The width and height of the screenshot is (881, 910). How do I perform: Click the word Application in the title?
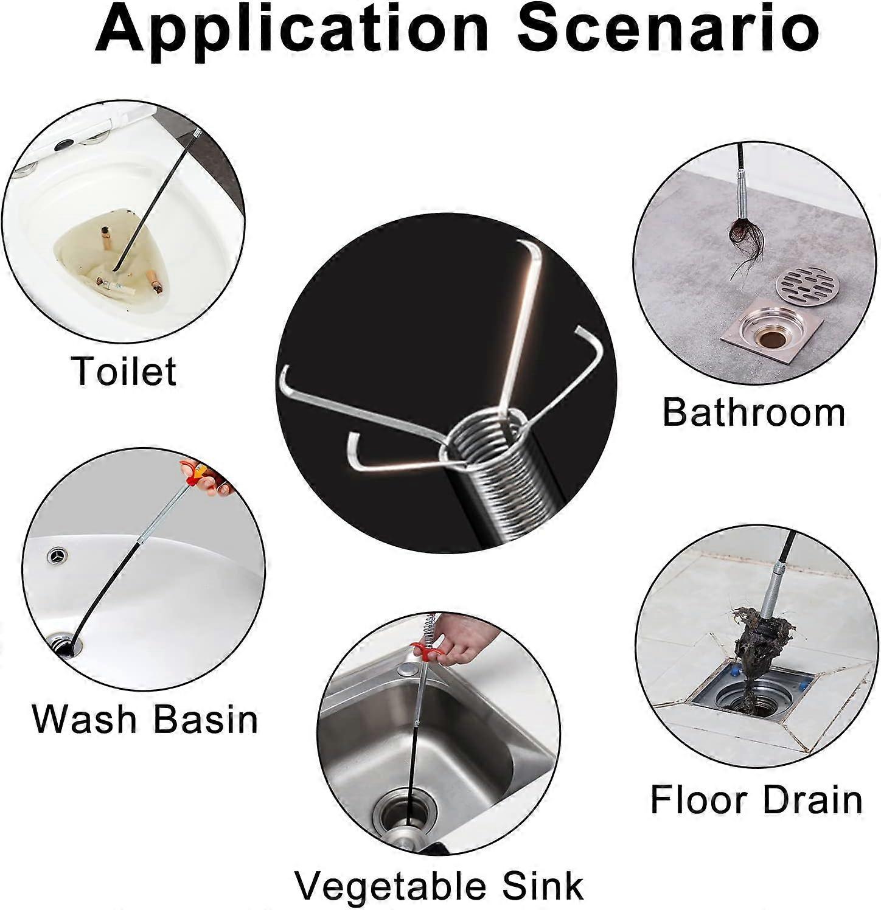tap(292, 29)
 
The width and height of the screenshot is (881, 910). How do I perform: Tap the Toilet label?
tap(124, 370)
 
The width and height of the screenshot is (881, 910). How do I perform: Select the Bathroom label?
tap(753, 412)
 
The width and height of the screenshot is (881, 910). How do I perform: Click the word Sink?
tap(541, 885)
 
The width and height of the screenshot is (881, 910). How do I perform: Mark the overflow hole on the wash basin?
tap(58, 555)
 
